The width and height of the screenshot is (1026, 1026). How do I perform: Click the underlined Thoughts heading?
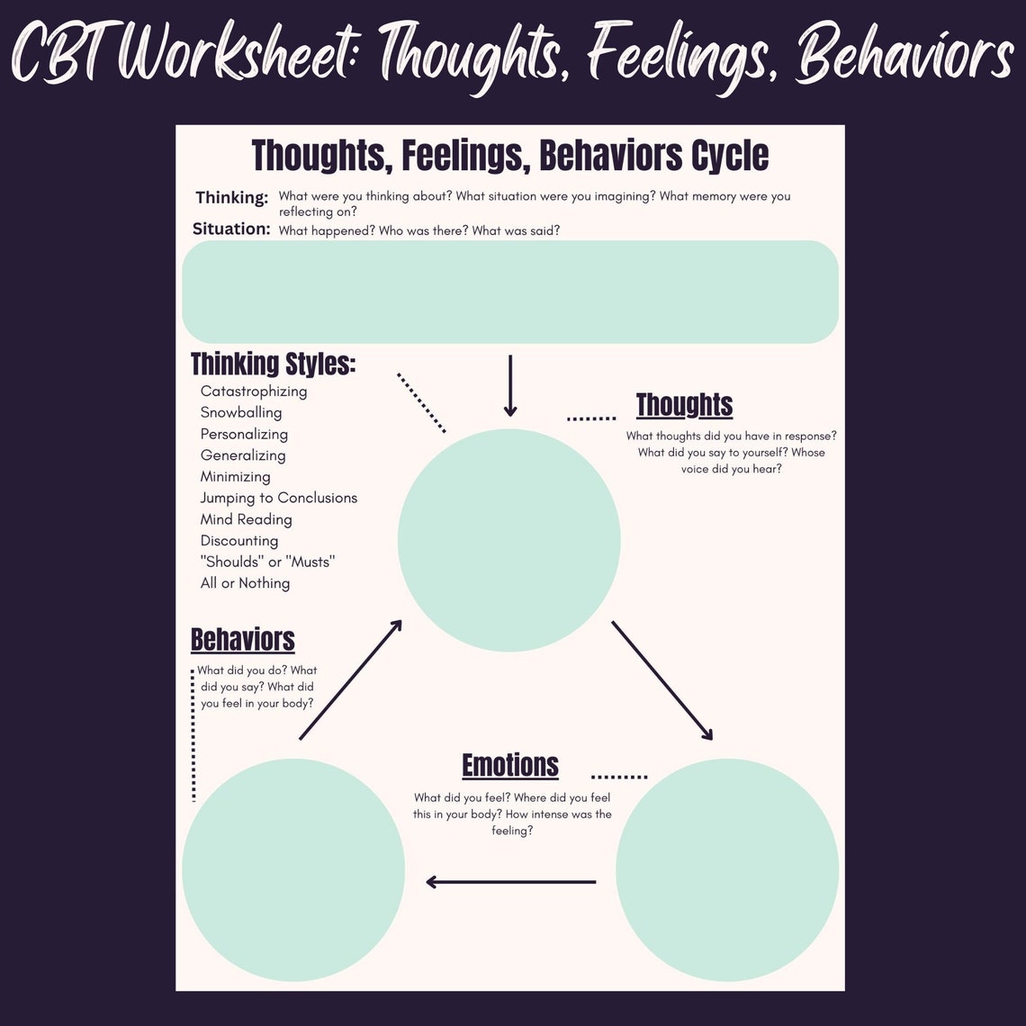[x=684, y=405]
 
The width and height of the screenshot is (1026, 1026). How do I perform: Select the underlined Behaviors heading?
[x=243, y=640]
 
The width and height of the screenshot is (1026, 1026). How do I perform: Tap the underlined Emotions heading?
[x=510, y=765]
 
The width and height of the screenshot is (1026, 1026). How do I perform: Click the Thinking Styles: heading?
[x=274, y=364]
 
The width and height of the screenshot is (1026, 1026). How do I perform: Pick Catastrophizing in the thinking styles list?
[x=254, y=391]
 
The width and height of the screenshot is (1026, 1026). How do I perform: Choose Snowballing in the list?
[x=241, y=412]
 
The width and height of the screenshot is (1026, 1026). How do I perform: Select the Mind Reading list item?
[x=247, y=519]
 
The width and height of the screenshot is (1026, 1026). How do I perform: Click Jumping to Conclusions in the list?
[x=279, y=498]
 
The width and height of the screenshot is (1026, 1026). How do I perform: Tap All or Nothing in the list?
[x=245, y=583]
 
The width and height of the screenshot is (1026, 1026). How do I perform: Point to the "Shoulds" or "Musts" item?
[x=267, y=562]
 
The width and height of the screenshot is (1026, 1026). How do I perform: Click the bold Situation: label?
[x=231, y=229]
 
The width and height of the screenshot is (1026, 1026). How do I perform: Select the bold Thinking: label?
[x=232, y=197]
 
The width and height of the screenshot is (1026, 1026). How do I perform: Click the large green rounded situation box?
[x=510, y=292]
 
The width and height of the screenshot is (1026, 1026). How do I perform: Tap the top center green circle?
[x=509, y=540]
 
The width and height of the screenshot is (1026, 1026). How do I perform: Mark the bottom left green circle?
[x=293, y=870]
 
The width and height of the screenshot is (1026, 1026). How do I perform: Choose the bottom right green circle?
[x=727, y=870]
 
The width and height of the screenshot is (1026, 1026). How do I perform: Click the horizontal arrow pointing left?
[x=510, y=882]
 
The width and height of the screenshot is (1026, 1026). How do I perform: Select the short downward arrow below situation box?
[x=510, y=385]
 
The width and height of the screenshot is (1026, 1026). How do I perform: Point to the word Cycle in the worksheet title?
[x=730, y=156]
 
